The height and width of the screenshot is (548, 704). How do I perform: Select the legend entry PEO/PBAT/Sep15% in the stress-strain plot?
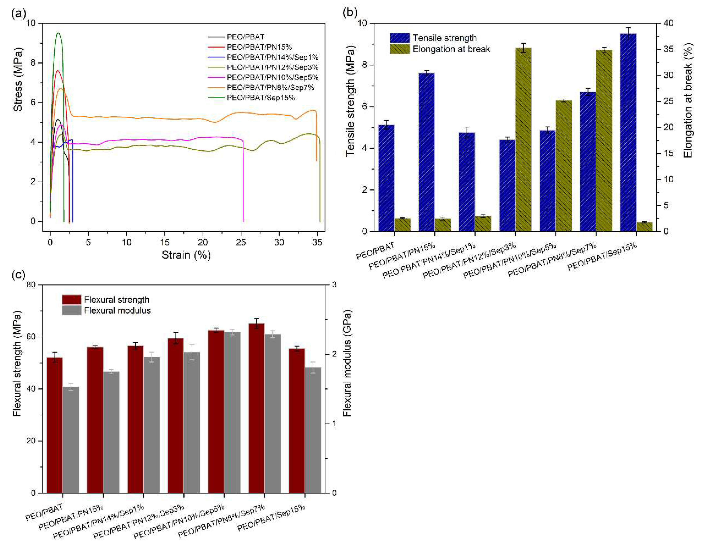(x=260, y=98)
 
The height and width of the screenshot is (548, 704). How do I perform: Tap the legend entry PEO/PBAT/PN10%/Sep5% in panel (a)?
(x=272, y=77)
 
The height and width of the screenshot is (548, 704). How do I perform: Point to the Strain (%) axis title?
(x=186, y=255)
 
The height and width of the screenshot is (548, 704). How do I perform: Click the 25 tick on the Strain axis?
(x=241, y=242)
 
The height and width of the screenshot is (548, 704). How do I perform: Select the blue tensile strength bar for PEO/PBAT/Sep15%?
(x=628, y=132)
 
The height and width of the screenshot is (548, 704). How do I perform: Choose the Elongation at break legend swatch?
(x=400, y=49)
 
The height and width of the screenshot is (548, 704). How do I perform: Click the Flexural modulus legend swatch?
(x=72, y=310)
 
